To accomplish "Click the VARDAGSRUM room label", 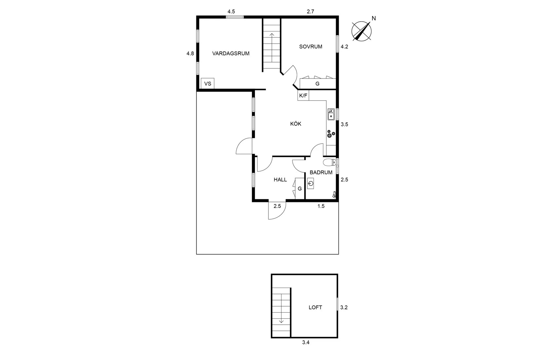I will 231,53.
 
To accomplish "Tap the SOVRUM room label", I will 311,46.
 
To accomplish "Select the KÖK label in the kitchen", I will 296,124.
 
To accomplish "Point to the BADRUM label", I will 321,172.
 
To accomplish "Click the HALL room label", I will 280,179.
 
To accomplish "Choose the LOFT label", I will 315,307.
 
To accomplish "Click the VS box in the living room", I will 208,84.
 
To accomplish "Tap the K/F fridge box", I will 303,96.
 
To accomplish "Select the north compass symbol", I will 361,31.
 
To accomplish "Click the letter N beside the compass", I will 374,18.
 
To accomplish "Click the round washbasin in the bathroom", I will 311,184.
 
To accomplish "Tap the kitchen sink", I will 331,114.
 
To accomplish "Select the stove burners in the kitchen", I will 331,134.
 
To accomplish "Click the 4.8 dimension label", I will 190,53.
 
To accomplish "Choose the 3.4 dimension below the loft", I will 306,343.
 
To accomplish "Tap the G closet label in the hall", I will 299,189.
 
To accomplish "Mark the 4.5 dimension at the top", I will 231,11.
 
